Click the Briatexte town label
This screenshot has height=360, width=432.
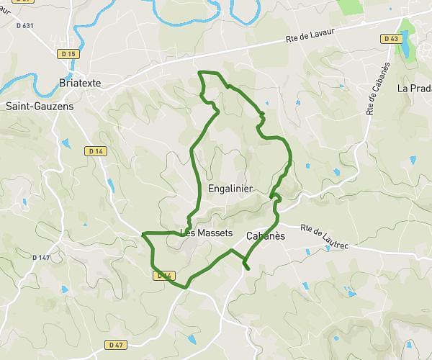[80, 83]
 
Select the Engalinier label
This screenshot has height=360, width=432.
[229, 189]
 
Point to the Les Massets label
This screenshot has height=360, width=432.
[206, 233]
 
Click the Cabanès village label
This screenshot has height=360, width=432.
[266, 235]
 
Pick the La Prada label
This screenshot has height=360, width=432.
[414, 89]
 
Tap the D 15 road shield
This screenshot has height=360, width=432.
[68, 53]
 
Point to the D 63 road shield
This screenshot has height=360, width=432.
[391, 39]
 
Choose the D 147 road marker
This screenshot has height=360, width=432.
[42, 257]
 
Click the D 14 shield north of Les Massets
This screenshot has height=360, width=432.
[95, 150]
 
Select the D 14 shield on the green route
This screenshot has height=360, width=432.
[165, 275]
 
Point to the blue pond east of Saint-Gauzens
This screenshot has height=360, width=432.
[66, 143]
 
